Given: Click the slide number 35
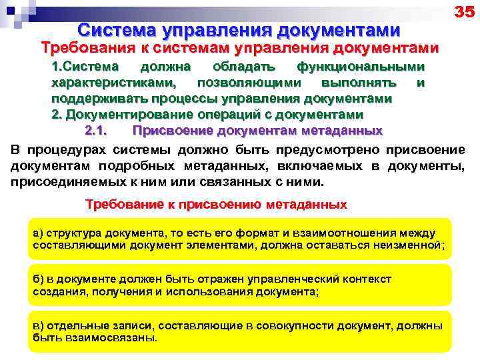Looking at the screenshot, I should point(463,12).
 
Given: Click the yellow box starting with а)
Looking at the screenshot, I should point(241,239).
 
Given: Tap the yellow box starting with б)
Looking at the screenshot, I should point(241,285).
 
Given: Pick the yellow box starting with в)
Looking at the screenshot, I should point(241,331).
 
